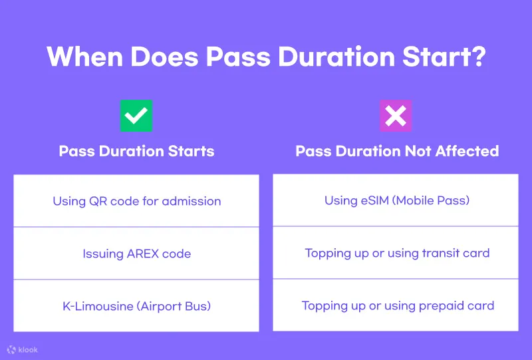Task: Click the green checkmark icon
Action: pos(136,116)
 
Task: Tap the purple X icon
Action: pos(396,116)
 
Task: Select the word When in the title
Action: pos(85,57)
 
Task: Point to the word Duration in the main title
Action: pos(336,57)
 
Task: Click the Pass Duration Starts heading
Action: pos(136,151)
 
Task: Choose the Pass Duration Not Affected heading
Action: pos(397,151)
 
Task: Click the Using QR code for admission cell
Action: pos(136,201)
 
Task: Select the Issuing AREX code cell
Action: pos(136,254)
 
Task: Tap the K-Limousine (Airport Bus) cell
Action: pos(136,305)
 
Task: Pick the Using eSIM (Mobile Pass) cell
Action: pos(396,200)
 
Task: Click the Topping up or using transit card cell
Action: pos(396,253)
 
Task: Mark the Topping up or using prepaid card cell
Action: pos(396,305)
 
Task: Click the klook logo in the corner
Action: pos(23,349)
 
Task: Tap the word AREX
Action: pos(142,254)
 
